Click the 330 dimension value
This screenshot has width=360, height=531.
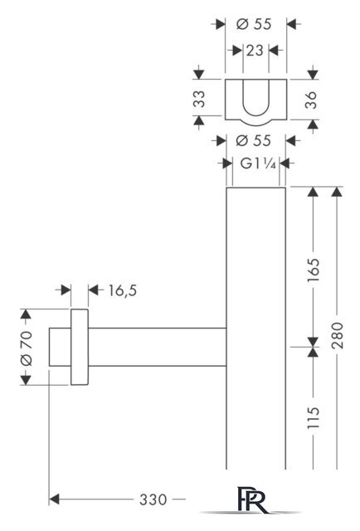coord(153,499)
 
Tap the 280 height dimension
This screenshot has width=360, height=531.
coord(338,335)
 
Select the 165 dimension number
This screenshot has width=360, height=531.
coord(314,270)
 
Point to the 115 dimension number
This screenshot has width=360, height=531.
coord(314,417)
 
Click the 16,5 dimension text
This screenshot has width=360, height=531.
coord(123,290)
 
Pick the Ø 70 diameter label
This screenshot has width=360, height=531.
coord(27,348)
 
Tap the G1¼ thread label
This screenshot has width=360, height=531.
coord(258,164)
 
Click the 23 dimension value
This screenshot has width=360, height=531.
coord(255,51)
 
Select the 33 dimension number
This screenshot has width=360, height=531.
coord(199,99)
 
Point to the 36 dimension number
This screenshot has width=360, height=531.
coord(310,100)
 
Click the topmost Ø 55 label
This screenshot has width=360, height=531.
coord(254,24)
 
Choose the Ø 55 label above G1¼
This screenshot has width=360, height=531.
coord(253,140)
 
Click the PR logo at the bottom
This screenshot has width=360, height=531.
coord(251,499)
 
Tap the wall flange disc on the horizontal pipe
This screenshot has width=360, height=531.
coord(80,347)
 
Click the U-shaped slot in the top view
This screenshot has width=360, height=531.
coord(256,97)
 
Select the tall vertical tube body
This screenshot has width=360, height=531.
coord(256,328)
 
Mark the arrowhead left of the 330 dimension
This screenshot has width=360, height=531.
coord(54,499)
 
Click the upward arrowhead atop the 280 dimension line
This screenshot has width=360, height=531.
coord(336,192)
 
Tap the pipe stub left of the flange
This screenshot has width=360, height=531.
coord(60,347)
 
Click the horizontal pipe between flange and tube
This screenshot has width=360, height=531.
coord(157,347)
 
